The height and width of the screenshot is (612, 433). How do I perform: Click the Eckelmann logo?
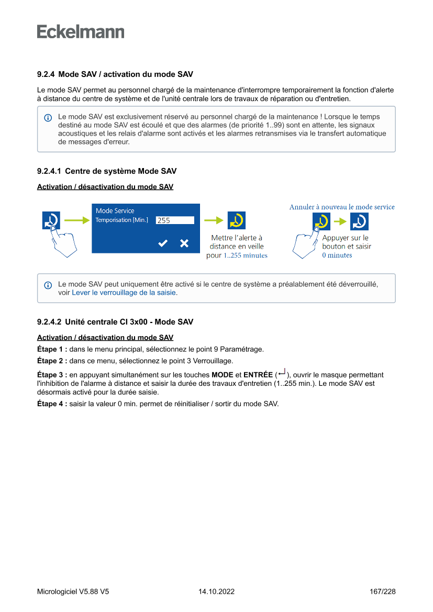coord(81,32)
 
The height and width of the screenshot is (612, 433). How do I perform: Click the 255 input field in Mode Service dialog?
coord(175,220)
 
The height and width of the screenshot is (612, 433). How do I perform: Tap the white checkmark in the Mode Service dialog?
coord(163,243)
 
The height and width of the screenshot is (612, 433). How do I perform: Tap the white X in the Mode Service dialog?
coord(184,243)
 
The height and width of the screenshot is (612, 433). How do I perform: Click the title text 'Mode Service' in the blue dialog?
coord(115,210)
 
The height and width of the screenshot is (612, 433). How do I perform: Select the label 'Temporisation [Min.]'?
coord(121,220)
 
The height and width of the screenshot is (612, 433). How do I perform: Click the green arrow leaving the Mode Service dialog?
coord(213,220)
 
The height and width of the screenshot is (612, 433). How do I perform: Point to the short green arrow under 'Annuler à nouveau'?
coord(340,221)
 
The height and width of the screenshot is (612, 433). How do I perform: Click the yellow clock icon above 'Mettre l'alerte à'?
coord(236,220)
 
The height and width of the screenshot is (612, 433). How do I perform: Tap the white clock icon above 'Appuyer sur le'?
coord(359,221)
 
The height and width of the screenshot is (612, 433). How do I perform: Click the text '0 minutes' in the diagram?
coord(337,255)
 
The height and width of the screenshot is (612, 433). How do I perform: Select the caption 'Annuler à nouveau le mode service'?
coord(342,207)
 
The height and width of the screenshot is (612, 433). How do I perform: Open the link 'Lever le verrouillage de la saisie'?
coord(124,293)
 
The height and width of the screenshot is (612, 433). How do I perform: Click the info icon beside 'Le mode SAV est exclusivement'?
coord(48,117)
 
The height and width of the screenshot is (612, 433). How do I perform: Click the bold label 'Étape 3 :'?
coord(52,375)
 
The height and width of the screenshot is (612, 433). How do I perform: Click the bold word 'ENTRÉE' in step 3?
coord(258,375)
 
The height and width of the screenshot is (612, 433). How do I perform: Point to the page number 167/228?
coord(382,592)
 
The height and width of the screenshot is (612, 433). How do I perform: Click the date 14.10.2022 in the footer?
coord(216,592)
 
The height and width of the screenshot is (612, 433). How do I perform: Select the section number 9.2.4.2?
coord(49,321)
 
